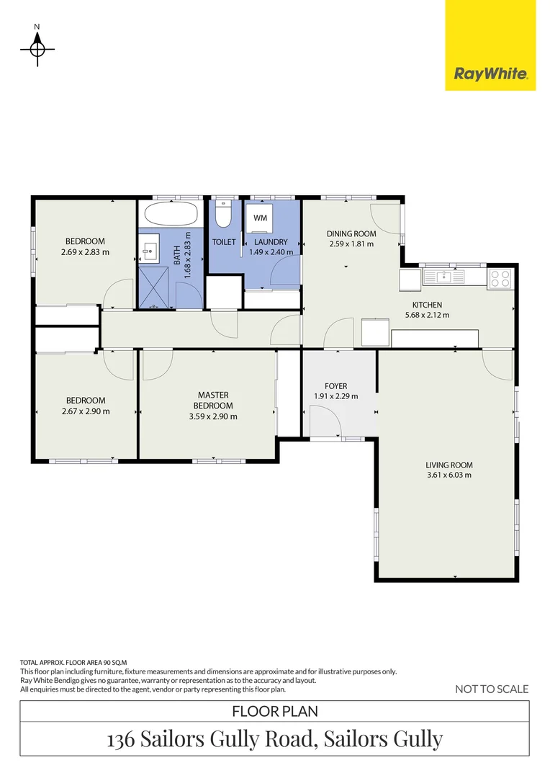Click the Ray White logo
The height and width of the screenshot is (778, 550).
(x=490, y=73)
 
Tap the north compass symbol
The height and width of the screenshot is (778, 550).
(x=37, y=48)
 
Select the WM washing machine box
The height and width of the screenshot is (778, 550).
(x=260, y=218)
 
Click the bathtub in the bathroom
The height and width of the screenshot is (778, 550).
(x=171, y=214)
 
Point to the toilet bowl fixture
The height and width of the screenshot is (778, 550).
(x=223, y=215)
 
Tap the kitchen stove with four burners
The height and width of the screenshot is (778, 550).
(x=500, y=278)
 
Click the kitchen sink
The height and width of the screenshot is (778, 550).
(x=445, y=276)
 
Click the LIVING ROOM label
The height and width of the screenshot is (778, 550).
(x=449, y=465)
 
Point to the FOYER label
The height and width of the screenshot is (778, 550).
(x=336, y=386)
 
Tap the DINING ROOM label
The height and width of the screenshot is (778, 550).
(x=351, y=233)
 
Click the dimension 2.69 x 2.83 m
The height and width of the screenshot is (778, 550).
(x=86, y=252)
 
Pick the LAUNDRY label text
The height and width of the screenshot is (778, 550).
(x=271, y=242)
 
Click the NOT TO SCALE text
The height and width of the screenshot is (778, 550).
(x=492, y=689)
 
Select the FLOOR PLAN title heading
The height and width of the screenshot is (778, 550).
(x=275, y=711)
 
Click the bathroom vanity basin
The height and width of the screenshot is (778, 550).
(x=150, y=251)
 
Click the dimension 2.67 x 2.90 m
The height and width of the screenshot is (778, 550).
(x=86, y=411)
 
